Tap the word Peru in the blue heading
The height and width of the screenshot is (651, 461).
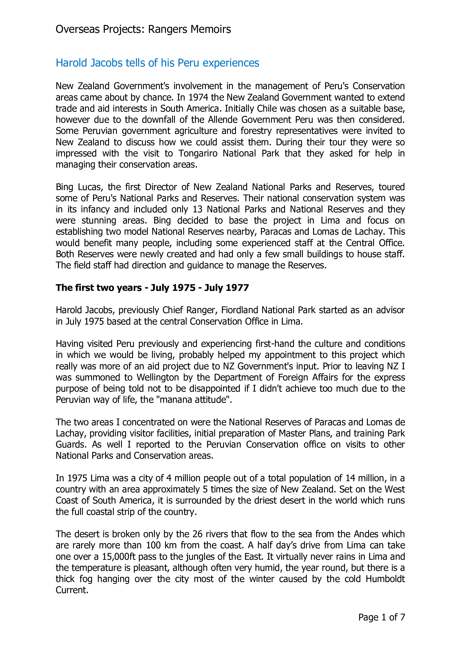[188, 63]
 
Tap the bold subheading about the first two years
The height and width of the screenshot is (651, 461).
[152, 288]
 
